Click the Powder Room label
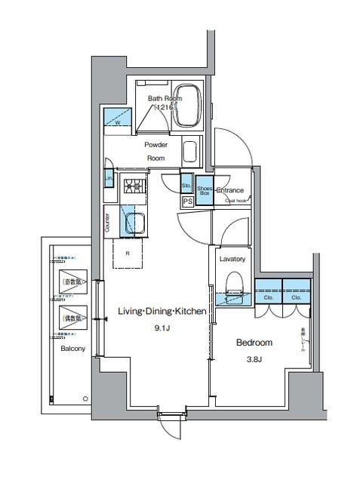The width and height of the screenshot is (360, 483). [x=155, y=151]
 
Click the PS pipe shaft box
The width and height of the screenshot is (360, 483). [x=186, y=202]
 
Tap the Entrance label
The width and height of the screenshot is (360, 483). [x=229, y=190]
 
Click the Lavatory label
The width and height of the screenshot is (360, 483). [x=232, y=259]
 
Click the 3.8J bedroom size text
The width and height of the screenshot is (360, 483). [x=254, y=358]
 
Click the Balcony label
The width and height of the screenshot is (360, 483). [x=72, y=349]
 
